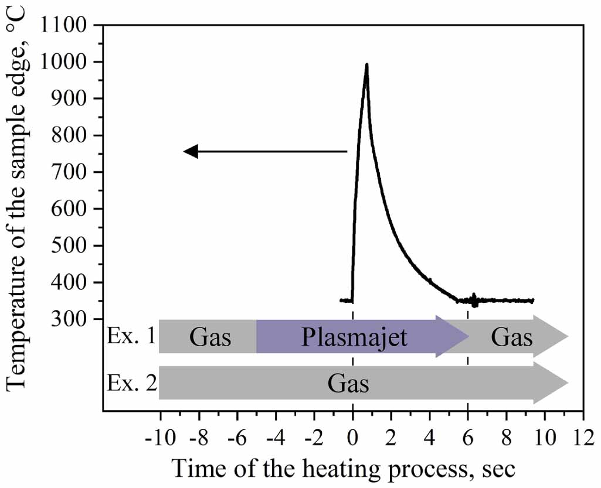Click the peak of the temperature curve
[x=366, y=64]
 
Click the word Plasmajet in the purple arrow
[x=354, y=338]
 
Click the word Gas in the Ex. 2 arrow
[x=348, y=384]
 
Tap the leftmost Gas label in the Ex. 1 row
[x=210, y=338]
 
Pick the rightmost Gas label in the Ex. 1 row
[x=512, y=338]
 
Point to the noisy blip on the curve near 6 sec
[x=474, y=300]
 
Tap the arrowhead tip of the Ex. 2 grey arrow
[x=568, y=383]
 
